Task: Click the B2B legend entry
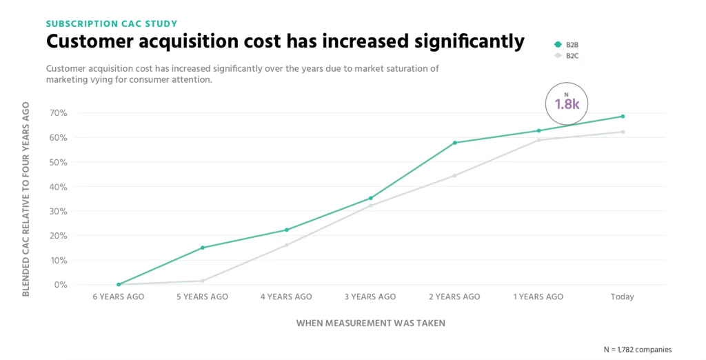click(571, 45)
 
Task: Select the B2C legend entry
click(571, 55)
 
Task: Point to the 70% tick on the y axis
click(58, 112)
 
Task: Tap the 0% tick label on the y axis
click(60, 284)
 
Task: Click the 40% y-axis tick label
click(58, 186)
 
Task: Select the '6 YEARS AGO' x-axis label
click(119, 297)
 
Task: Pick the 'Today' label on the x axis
click(622, 297)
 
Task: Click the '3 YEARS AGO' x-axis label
click(371, 297)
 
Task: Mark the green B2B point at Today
click(623, 117)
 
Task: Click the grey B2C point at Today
click(623, 132)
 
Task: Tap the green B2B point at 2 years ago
click(455, 143)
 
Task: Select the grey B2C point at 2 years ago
click(455, 175)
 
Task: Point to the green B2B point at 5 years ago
click(203, 248)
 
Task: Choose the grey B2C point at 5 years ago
click(203, 281)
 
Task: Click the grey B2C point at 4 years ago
click(287, 245)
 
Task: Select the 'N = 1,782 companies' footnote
click(637, 349)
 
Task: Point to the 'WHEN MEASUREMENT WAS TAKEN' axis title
click(371, 323)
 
